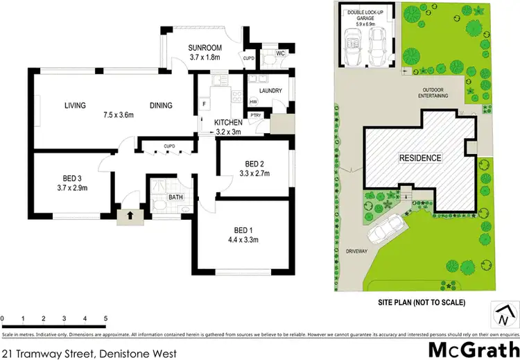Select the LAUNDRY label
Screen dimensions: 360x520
pyautogui.click(x=270, y=91)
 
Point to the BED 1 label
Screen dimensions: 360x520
pyautogui.click(x=242, y=231)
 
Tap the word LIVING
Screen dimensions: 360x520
pyautogui.click(x=75, y=106)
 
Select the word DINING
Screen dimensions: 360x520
pyautogui.click(x=161, y=106)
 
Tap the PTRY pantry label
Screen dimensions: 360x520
pyautogui.click(x=255, y=115)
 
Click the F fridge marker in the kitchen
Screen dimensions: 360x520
pyautogui.click(x=205, y=104)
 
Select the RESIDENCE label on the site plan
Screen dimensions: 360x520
pyautogui.click(x=419, y=158)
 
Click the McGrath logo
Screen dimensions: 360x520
pyautogui.click(x=474, y=348)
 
